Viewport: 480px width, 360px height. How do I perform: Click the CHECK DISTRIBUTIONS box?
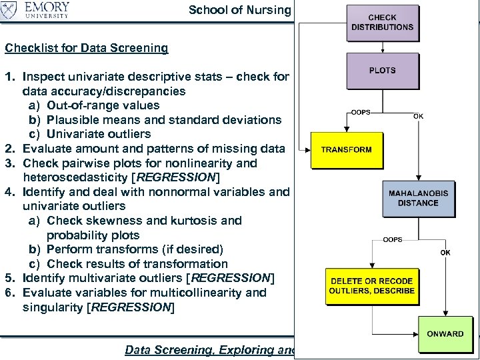pyautogui.click(x=382, y=23)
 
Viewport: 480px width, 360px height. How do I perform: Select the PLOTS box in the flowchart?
pyautogui.click(x=382, y=71)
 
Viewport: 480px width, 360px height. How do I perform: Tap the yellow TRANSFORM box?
pyautogui.click(x=346, y=150)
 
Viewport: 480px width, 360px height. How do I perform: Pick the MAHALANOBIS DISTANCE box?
pyautogui.click(x=418, y=198)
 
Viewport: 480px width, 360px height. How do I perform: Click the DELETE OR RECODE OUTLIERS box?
pyautogui.click(x=372, y=286)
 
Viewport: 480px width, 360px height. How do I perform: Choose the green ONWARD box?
pyautogui.click(x=445, y=335)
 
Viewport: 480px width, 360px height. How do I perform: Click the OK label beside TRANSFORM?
pyautogui.click(x=418, y=117)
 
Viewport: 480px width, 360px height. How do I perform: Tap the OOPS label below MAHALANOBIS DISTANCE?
pyautogui.click(x=392, y=239)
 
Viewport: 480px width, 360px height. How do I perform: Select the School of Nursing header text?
pyautogui.click(x=240, y=10)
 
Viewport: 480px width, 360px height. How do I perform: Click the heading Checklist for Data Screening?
pyautogui.click(x=87, y=48)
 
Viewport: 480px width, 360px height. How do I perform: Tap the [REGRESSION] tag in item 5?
pyautogui.click(x=231, y=278)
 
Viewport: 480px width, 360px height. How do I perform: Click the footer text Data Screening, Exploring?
pyautogui.click(x=207, y=350)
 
